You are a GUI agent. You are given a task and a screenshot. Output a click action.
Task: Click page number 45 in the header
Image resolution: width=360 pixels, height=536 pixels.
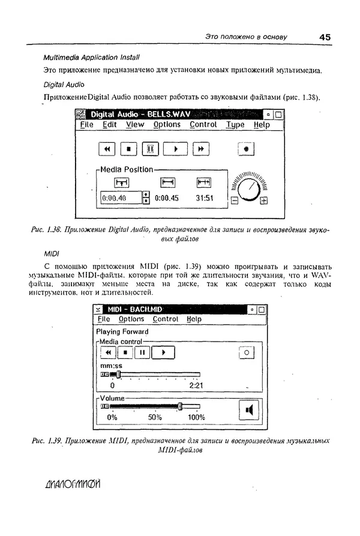tap(325, 37)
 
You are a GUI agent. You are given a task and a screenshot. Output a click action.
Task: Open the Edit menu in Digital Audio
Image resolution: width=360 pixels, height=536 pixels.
tap(109, 125)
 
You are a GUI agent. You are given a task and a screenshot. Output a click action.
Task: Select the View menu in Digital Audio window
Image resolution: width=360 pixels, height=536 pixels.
tap(135, 125)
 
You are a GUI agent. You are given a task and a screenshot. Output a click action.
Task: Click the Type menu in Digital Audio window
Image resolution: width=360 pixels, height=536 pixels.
tap(235, 125)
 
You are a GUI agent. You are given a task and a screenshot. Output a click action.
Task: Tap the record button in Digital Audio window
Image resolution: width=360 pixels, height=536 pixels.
tap(246, 148)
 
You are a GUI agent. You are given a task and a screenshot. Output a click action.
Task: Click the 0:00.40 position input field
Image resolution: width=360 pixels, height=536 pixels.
tap(120, 197)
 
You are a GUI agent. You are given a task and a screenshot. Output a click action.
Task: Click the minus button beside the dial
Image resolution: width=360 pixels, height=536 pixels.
tap(234, 202)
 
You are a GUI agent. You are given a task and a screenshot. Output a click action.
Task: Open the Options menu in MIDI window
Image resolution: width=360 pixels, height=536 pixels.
tap(131, 319)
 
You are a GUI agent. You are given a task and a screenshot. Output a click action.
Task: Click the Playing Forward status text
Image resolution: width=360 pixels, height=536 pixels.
tap(122, 331)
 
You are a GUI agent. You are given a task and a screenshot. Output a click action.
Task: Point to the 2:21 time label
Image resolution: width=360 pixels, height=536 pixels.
tap(196, 386)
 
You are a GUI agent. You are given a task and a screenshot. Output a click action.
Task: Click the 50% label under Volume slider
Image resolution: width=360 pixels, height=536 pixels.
tap(155, 417)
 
